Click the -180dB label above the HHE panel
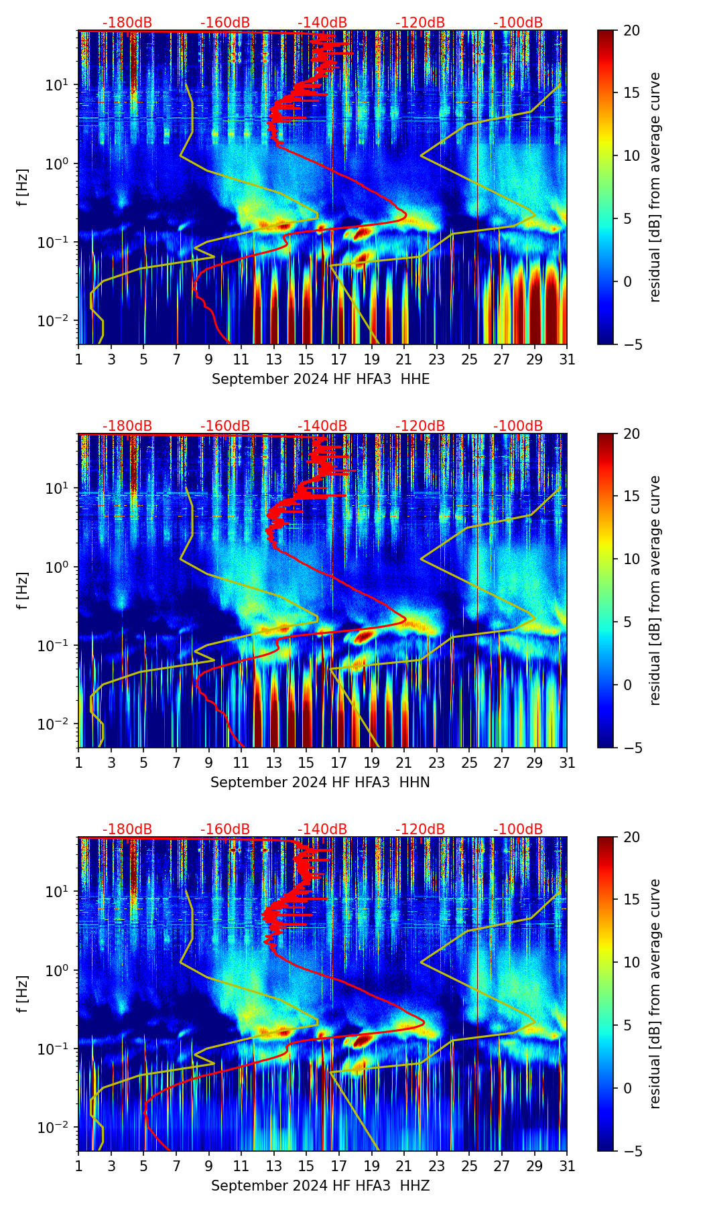pyautogui.click(x=127, y=23)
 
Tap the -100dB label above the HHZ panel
pyautogui.click(x=518, y=829)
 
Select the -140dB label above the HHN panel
pyautogui.click(x=322, y=426)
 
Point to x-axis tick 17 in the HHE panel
pyautogui.click(x=339, y=360)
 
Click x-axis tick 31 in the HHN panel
pyautogui.click(x=567, y=763)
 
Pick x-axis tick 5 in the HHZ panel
pyautogui.click(x=143, y=1166)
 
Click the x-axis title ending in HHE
pyautogui.click(x=320, y=379)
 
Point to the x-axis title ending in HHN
pyautogui.click(x=320, y=783)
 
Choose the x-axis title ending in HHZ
pyautogui.click(x=320, y=1186)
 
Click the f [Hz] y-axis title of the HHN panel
pyautogui.click(x=23, y=590)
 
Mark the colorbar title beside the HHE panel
pyautogui.click(x=655, y=187)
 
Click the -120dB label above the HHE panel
pyautogui.click(x=420, y=23)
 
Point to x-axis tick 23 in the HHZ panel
pyautogui.click(x=437, y=1166)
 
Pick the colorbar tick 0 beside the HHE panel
pyautogui.click(x=628, y=281)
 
